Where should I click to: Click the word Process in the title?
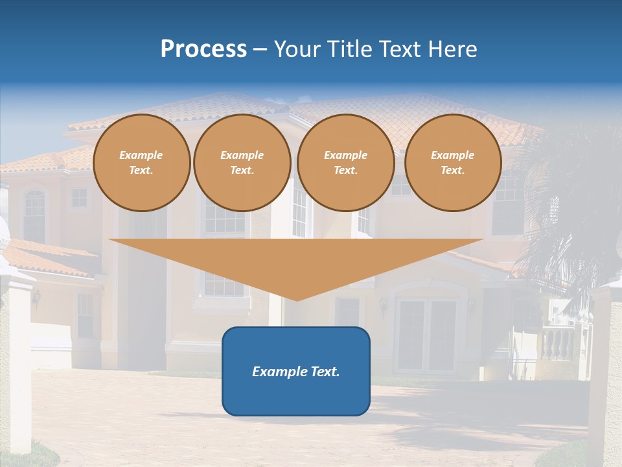click(203, 49)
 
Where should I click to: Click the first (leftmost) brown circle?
click(141, 163)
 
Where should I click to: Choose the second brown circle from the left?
click(242, 163)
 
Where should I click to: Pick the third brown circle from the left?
click(345, 163)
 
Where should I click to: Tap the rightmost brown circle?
click(453, 163)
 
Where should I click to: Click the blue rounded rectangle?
click(296, 396)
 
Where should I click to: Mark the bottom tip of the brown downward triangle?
click(297, 299)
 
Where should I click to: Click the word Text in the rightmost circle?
click(452, 171)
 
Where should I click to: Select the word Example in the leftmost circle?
click(141, 155)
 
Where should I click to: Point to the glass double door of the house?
click(428, 334)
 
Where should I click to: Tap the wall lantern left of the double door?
click(382, 305)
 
